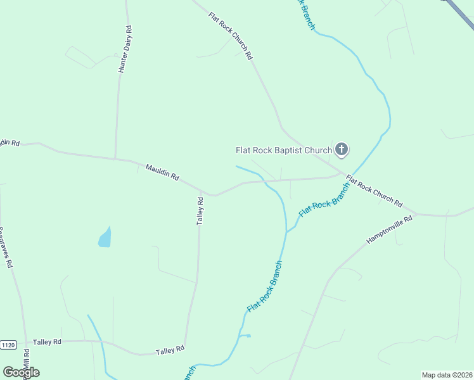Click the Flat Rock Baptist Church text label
[283, 150]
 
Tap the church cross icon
[342, 149]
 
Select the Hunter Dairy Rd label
[124, 49]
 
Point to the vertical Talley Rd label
[200, 211]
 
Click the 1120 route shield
[8, 345]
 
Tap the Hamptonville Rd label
[389, 230]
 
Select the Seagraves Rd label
[6, 248]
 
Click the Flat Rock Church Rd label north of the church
[230, 35]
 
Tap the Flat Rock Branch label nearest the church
[324, 199]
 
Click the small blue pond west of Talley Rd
[105, 238]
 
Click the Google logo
[20, 372]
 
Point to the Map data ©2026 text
[447, 375]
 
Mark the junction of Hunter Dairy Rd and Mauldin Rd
[115, 158]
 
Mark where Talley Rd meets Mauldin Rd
[202, 192]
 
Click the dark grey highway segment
[460, 11]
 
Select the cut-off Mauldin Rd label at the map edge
[10, 143]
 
